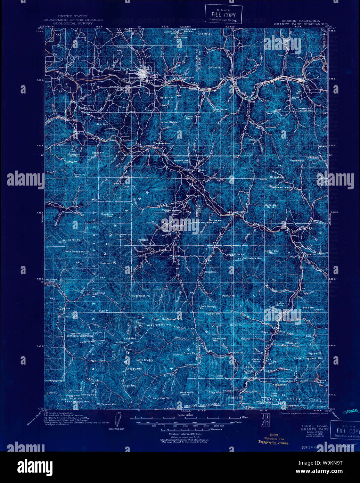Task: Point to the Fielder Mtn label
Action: pos(215,67)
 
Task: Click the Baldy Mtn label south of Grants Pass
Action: pos(166,98)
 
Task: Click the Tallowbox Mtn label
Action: pos(252,259)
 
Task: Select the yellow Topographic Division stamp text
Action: pos(273,443)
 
